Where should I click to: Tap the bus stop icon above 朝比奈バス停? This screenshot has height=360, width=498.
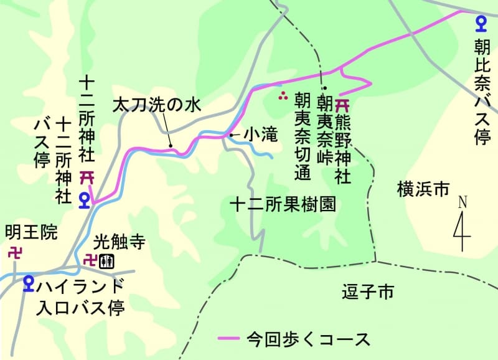(481, 24)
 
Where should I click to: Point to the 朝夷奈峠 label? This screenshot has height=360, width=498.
(323, 129)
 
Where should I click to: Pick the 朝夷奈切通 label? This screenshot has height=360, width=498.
(303, 136)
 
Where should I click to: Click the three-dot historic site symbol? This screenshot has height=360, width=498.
(283, 96)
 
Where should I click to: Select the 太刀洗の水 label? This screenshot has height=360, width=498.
(157, 105)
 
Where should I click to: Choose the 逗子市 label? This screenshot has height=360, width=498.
(368, 291)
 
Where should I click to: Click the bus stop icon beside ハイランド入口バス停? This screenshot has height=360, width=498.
(28, 283)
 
